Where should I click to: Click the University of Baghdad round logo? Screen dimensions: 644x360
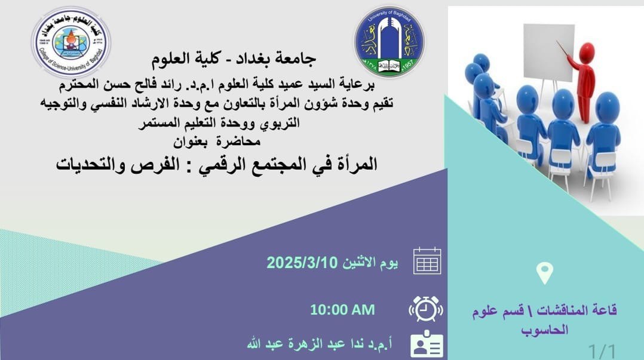390,41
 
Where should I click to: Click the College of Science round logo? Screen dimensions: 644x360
72,42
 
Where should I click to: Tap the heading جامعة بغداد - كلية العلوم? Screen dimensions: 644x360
234,59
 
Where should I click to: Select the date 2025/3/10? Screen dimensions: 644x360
302,262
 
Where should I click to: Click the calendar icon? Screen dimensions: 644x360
427,261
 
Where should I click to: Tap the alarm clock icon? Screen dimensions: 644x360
426,309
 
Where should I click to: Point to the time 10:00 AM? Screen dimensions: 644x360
342,309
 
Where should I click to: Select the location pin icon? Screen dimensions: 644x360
545,273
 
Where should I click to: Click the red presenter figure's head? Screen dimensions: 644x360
586,52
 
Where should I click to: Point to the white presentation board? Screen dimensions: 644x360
548,52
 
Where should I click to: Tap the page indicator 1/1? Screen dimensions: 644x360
602,352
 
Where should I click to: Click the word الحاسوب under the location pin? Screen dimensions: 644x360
545,330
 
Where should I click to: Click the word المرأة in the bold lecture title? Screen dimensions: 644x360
356,164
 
